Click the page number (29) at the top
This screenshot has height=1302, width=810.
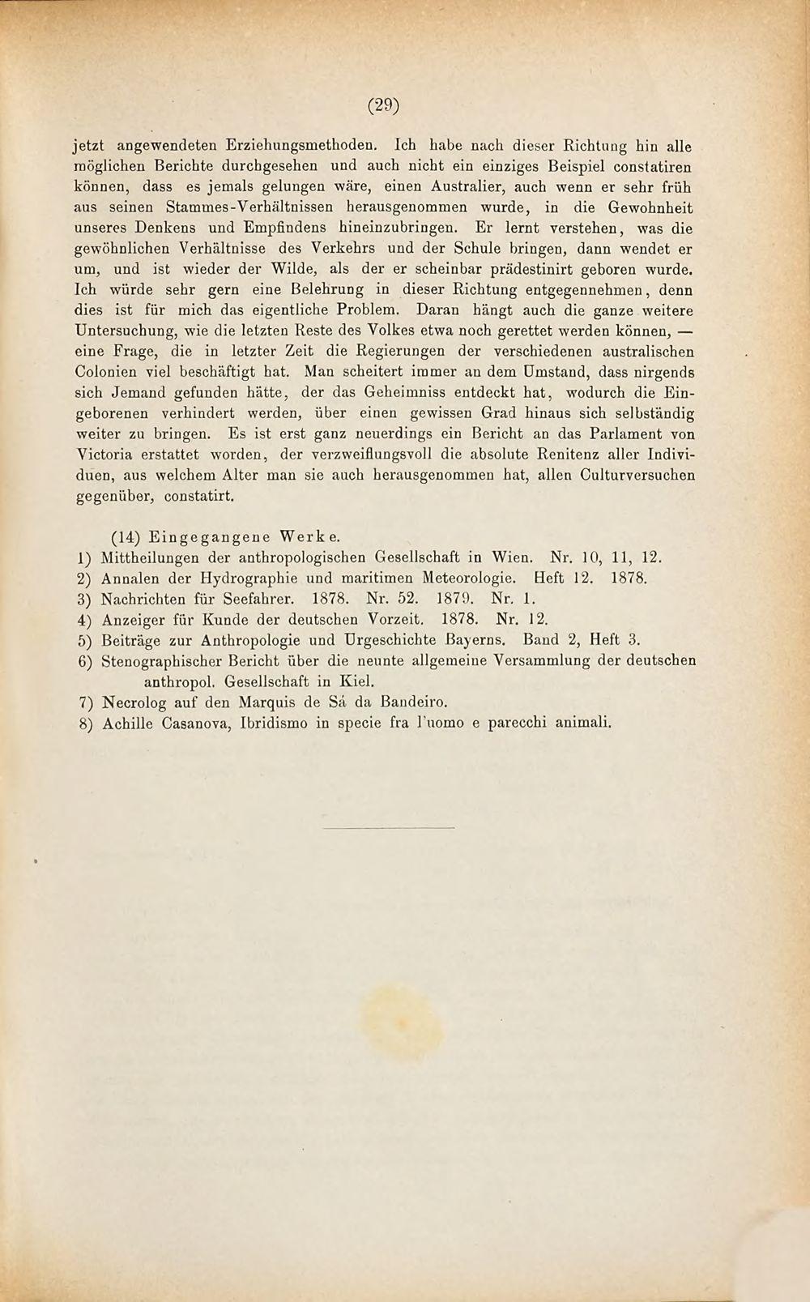[x=385, y=105]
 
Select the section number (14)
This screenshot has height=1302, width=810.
[x=126, y=537]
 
